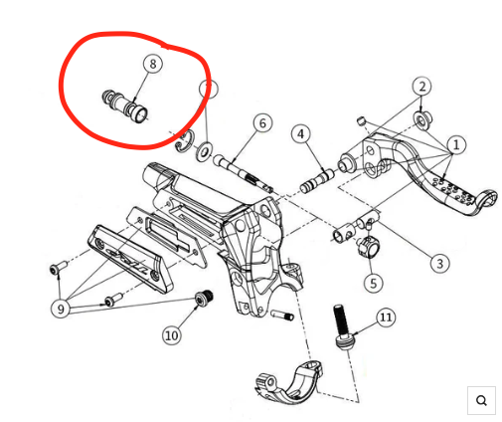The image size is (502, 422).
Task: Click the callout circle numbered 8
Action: (x=152, y=64)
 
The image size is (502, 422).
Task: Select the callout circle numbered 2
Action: (x=422, y=87)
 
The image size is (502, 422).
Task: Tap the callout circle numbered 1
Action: (x=456, y=145)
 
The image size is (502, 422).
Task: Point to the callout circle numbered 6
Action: (x=261, y=123)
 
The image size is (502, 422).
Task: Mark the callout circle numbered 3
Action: (x=438, y=264)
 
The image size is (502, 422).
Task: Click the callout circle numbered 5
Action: (x=374, y=283)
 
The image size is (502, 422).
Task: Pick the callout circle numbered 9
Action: (x=63, y=308)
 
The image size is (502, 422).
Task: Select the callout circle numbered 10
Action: (x=171, y=335)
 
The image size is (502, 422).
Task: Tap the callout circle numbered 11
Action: (x=386, y=318)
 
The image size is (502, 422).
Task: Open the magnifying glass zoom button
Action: (x=481, y=400)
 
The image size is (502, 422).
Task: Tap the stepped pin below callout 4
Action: (x=317, y=183)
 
